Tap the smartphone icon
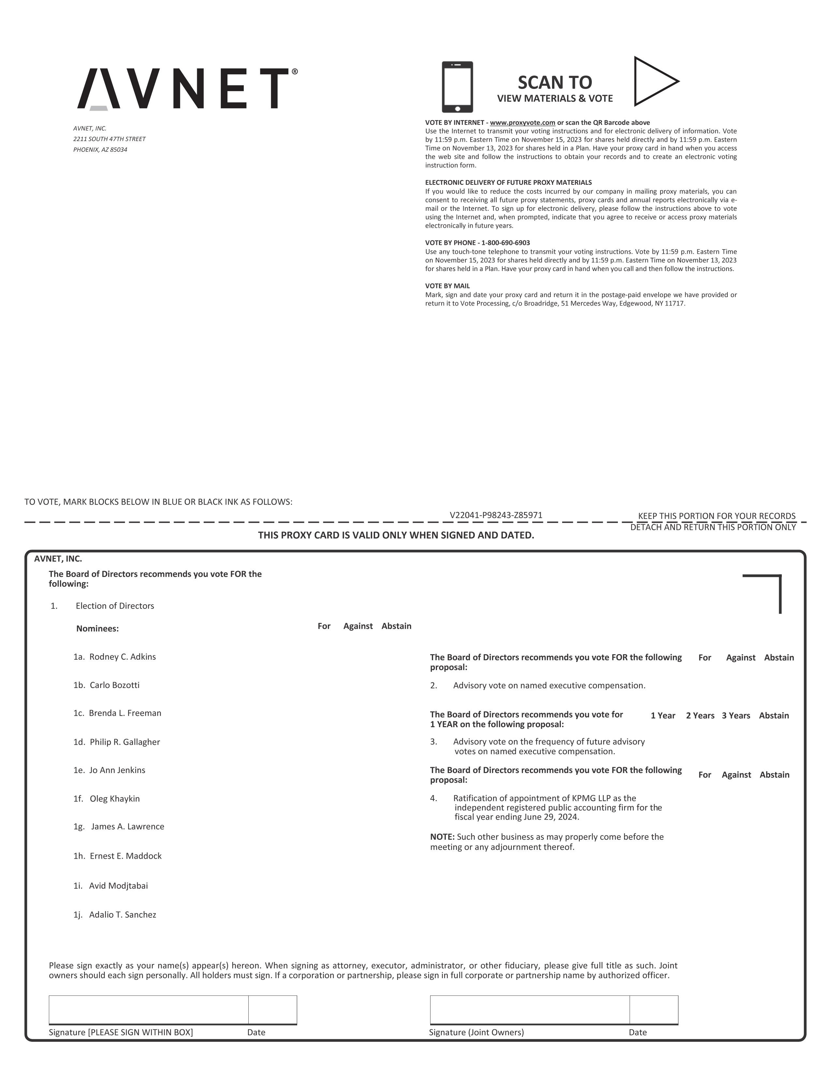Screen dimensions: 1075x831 tap(457, 87)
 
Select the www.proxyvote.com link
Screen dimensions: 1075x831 tap(522, 122)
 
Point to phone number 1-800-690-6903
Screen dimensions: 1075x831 tap(505, 243)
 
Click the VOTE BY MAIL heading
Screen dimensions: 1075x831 tap(447, 286)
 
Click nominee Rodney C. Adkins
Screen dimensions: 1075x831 tap(122, 657)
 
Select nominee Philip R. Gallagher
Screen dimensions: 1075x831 tap(124, 742)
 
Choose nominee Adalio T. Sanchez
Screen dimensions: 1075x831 tap(122, 914)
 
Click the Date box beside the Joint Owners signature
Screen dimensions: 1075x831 tap(653, 1010)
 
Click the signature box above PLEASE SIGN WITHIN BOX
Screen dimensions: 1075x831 tap(148, 1010)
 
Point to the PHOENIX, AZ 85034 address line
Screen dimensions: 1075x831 tap(100, 150)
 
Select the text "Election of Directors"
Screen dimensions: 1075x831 tap(115, 606)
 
